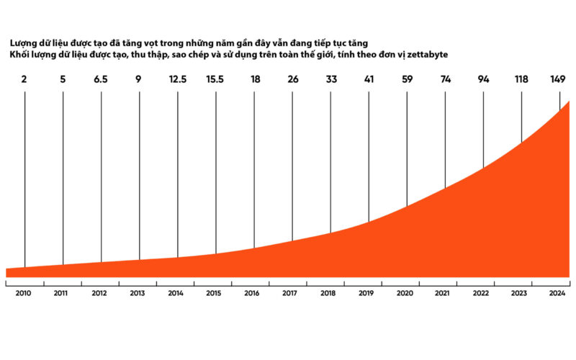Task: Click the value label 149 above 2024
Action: (557, 79)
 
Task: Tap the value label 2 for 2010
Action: (24, 79)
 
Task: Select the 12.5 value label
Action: (178, 79)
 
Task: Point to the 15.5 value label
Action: (215, 79)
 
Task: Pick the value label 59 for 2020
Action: (407, 79)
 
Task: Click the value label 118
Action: (521, 79)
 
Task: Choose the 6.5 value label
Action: (101, 79)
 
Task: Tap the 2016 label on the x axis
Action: (251, 293)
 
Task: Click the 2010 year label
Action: (23, 293)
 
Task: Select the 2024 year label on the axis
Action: (557, 293)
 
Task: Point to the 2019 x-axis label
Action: (366, 293)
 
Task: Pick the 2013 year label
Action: (138, 293)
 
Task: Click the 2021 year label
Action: (442, 293)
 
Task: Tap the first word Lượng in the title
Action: (24, 43)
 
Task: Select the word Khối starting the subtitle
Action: (19, 55)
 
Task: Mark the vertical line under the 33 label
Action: (330, 162)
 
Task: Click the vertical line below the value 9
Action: (140, 176)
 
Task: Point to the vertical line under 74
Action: (445, 140)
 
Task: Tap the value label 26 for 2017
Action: (293, 79)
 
